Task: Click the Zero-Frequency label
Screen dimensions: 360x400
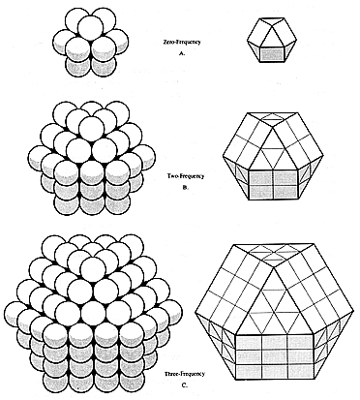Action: (182, 42)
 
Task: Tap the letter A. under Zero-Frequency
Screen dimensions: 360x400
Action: (182, 53)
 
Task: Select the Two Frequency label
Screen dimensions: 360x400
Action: (186, 176)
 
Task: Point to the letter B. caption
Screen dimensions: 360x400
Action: (186, 187)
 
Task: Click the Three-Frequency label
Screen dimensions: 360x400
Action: (185, 374)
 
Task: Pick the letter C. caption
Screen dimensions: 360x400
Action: (185, 385)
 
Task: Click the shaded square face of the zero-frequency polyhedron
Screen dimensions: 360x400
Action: (272, 53)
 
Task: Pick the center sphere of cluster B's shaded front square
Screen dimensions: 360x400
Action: (93, 189)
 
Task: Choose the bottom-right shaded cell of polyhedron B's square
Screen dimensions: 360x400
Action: (285, 192)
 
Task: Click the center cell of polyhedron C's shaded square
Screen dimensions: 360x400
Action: (275, 357)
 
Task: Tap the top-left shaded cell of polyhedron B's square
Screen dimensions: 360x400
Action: (261, 177)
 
